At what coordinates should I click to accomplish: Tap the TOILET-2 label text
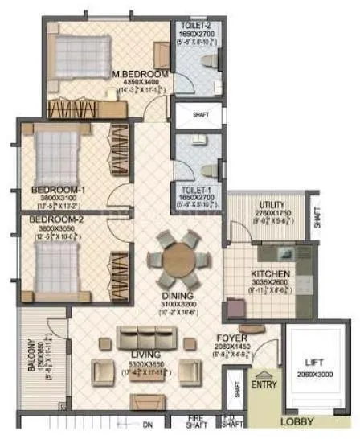click(x=196, y=25)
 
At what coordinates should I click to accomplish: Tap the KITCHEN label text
click(x=270, y=274)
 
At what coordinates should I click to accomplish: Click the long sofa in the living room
click(x=146, y=338)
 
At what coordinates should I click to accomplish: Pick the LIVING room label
click(x=146, y=354)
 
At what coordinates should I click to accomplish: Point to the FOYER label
click(x=231, y=338)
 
